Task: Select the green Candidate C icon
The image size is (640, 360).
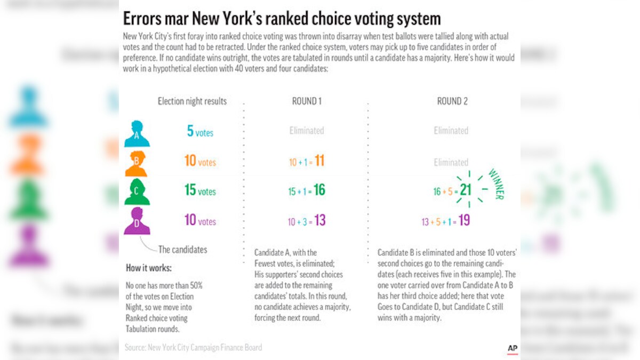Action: (137, 192)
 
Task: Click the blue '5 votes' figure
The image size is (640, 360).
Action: (200, 131)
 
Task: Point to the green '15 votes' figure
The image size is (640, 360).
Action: (200, 190)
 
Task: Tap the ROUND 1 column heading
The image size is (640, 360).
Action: (307, 101)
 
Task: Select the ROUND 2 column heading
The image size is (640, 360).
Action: (452, 101)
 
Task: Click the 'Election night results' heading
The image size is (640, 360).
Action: (192, 101)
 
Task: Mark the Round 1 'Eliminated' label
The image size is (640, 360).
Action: (307, 131)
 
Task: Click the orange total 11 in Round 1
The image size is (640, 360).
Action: (319, 161)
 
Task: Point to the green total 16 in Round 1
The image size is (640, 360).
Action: (319, 190)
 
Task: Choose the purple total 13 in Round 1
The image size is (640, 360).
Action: (320, 220)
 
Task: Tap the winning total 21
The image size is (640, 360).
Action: (465, 190)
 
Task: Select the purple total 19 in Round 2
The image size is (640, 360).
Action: (464, 221)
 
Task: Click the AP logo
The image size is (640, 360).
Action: (513, 348)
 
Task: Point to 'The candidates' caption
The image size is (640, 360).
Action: (182, 249)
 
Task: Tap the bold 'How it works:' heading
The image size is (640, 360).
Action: (149, 268)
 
